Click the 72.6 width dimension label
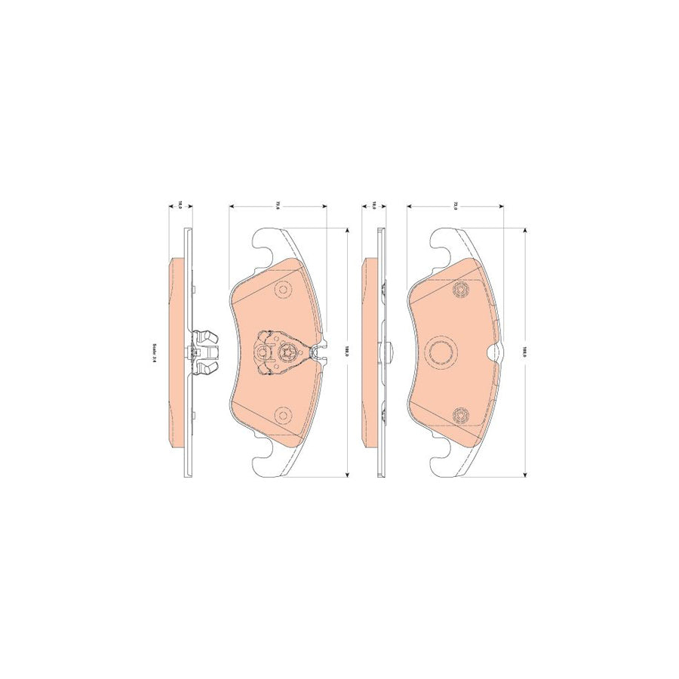[x=278, y=204]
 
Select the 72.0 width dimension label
[x=456, y=204]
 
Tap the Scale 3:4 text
[x=155, y=352]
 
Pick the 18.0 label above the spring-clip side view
[x=180, y=204]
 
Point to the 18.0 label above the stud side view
[x=374, y=204]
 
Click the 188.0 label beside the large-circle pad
[x=524, y=352]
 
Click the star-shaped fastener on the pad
[x=287, y=352]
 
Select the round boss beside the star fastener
[x=263, y=352]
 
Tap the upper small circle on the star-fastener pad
[x=283, y=289]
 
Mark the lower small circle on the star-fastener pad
[x=283, y=413]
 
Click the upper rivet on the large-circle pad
[x=461, y=290]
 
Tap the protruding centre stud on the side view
[x=390, y=352]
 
